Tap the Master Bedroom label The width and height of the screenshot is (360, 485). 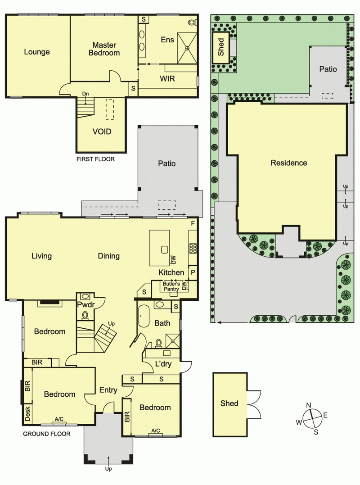pos(104,49)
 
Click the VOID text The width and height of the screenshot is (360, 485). pos(102,132)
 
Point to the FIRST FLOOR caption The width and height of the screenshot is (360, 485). pos(96,159)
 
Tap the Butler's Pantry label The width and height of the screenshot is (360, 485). pos(171,286)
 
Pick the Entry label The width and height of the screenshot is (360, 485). pos(108,390)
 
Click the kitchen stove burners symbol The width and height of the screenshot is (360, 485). pos(193,248)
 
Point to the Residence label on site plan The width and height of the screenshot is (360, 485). pos(288,163)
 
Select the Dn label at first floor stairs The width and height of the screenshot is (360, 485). pos(85,94)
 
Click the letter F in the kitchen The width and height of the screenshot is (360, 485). pos(193,223)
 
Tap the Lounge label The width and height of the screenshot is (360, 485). pos(37,52)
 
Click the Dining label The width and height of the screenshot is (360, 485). pos(109,256)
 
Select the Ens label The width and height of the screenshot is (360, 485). pos(167,40)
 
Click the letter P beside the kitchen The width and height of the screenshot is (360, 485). pos(193,272)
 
